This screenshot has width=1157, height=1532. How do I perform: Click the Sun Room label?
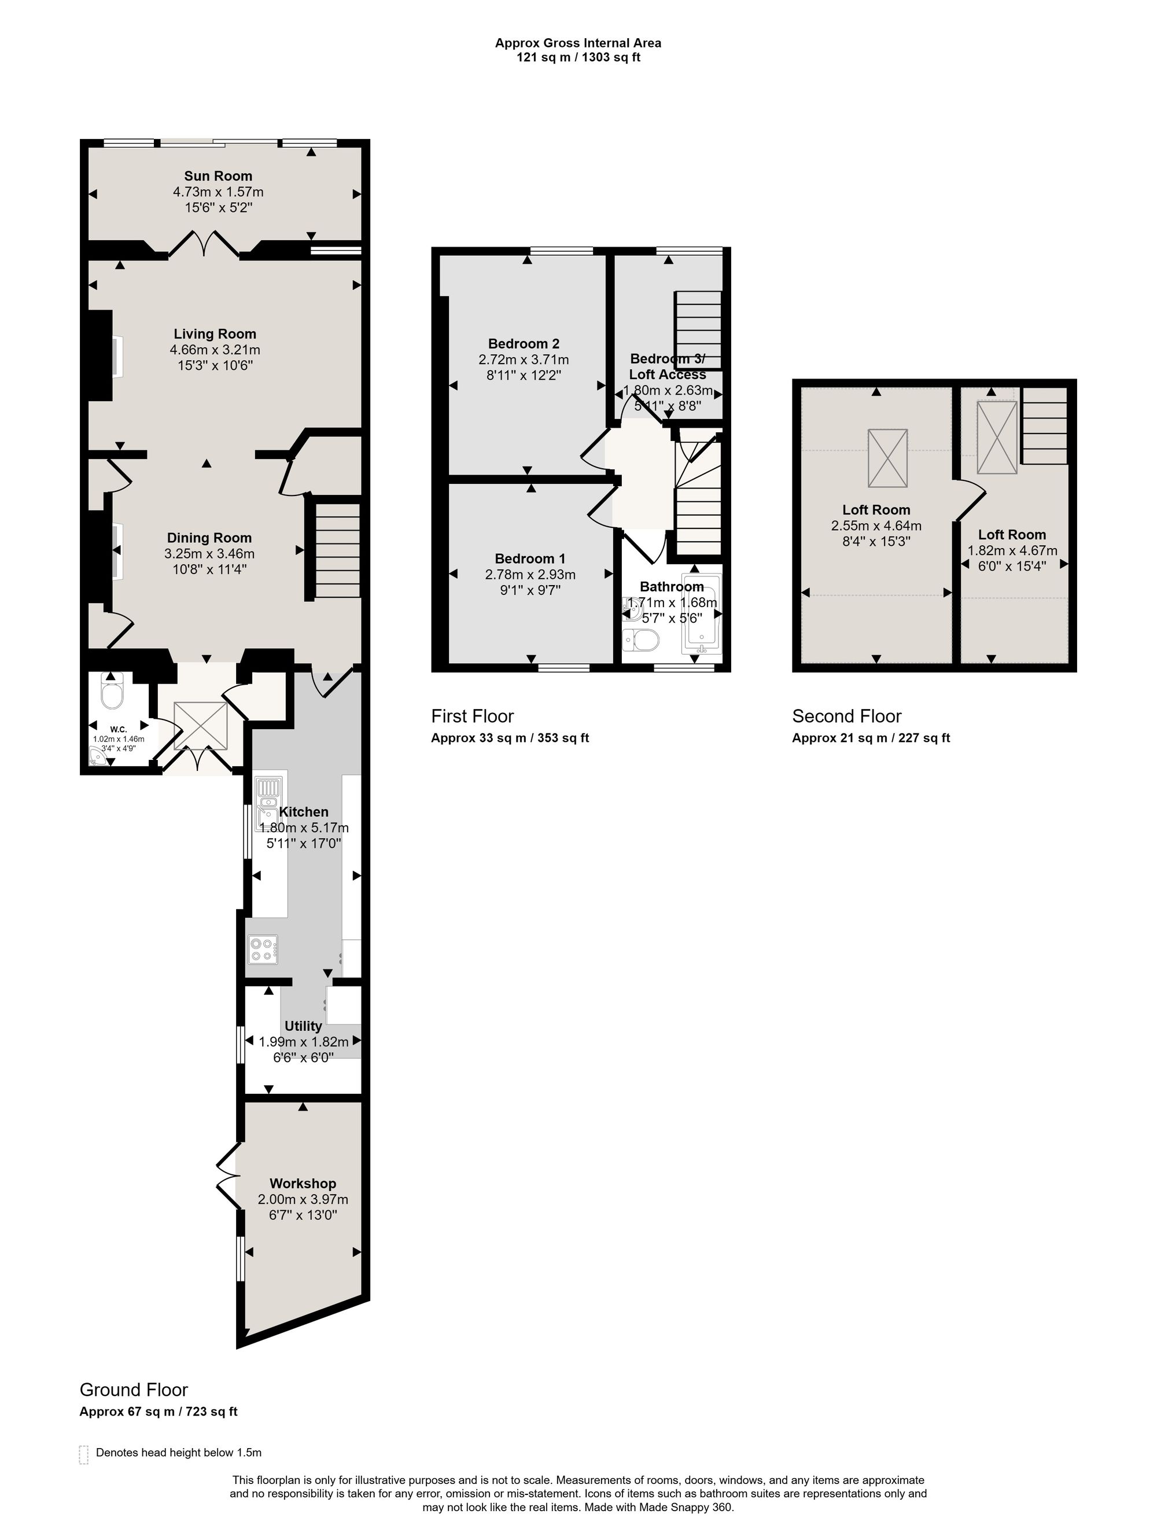[218, 176]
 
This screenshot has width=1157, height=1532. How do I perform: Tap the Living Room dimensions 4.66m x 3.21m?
[215, 350]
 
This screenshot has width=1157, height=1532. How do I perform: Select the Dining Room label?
[209, 538]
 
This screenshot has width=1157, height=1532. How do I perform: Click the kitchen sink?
[267, 803]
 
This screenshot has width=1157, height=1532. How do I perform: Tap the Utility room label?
[303, 1026]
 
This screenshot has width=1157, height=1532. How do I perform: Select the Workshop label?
[303, 1184]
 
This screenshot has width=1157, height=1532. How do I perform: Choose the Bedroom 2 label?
[524, 344]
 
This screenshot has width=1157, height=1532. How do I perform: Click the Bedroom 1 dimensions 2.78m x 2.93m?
[530, 574]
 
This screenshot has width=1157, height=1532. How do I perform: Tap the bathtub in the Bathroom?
[702, 613]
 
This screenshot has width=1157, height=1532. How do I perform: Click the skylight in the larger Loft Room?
[887, 458]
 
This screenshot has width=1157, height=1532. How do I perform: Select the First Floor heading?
[472, 716]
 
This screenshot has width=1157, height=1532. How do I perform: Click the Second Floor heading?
[847, 716]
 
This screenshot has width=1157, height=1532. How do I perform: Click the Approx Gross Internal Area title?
[578, 43]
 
